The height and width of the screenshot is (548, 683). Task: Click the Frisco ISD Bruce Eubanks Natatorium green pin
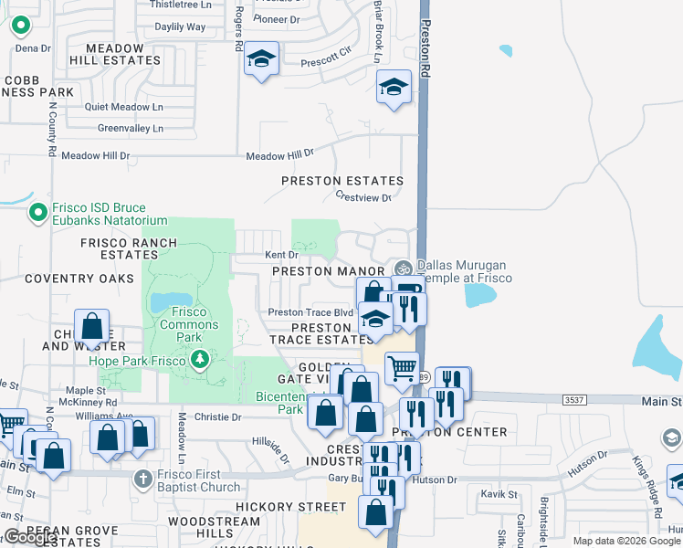coord(37,213)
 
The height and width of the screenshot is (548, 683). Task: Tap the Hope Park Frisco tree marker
coord(200,360)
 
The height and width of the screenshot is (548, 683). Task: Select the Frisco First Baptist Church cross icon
coord(142,479)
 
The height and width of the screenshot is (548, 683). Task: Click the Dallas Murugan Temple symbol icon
coord(403,268)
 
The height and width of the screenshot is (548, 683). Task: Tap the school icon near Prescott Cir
coord(261,61)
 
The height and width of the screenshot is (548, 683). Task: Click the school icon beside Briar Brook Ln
coord(394,87)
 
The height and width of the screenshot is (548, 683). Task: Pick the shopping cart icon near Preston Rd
coord(401,368)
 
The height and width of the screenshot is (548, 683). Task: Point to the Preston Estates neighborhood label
coord(341,181)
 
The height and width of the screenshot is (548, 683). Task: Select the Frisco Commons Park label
coord(189,324)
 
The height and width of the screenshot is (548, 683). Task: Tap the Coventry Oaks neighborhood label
coord(79,279)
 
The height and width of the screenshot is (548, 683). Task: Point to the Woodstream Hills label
coord(201,527)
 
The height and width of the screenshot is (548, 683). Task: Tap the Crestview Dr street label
coord(363,196)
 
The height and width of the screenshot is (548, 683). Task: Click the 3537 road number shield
coord(573,399)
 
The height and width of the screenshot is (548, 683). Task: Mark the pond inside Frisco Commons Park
coord(170,301)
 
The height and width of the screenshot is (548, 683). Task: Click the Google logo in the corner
coord(31,537)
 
